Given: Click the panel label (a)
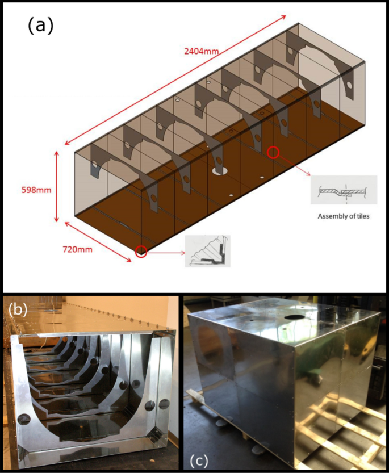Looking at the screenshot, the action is (40, 26).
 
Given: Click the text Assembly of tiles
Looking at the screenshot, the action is (344, 216).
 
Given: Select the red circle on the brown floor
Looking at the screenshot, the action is (274, 152).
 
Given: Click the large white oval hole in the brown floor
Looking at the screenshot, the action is (219, 170).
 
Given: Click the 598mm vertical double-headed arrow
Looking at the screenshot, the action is (57, 187).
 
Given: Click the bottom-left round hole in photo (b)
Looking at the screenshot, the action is (24, 420).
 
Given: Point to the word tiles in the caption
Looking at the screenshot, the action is (362, 216).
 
